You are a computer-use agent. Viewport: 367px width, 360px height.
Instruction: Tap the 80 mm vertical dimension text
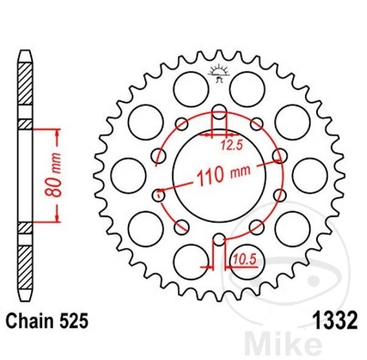coord(53,174)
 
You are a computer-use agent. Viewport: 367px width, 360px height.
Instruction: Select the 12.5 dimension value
coord(231,146)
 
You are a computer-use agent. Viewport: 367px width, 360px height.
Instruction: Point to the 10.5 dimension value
coord(244,260)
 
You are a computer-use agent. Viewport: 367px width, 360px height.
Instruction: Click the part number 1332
coord(336,320)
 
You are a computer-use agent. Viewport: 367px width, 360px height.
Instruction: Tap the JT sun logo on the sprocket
coord(219,73)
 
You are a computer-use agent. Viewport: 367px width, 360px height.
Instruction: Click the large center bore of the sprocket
coord(219,176)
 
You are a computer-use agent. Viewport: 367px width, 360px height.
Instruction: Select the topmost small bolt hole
coord(219,111)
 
